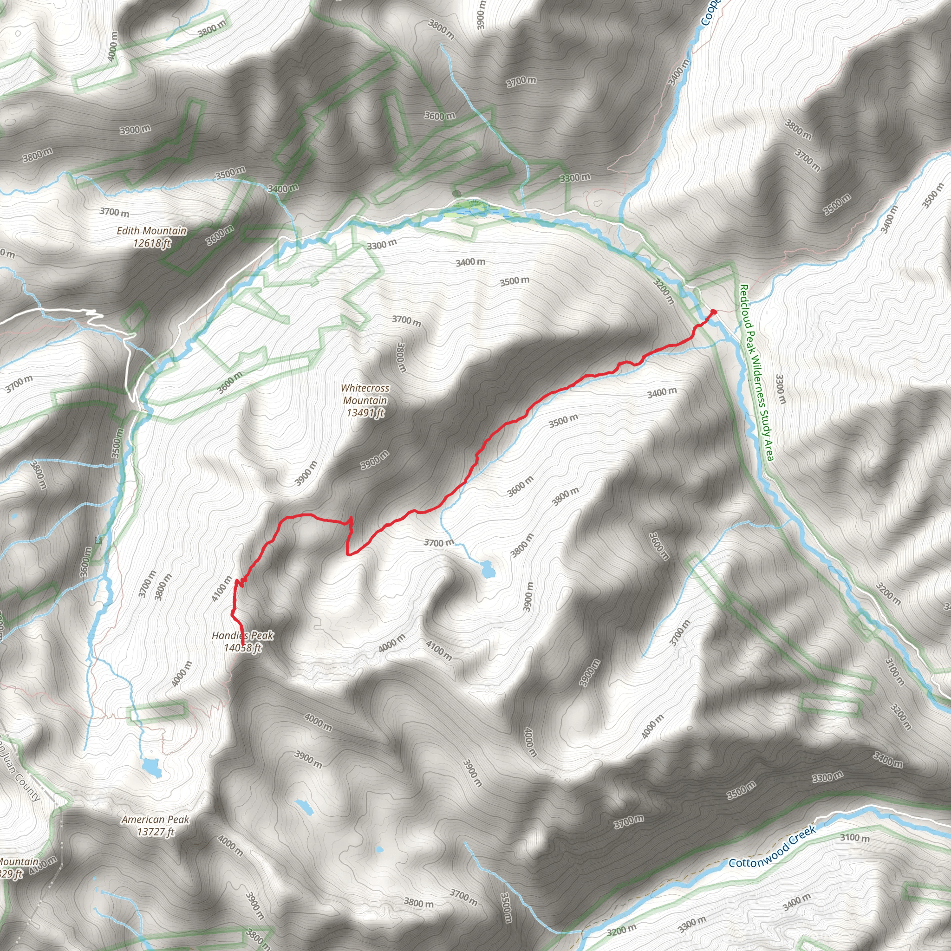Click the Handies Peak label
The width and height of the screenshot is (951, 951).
click(x=243, y=636)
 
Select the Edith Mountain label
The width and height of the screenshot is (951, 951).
click(x=151, y=230)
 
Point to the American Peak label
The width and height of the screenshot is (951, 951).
click(x=156, y=820)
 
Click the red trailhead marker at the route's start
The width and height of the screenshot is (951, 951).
click(x=713, y=312)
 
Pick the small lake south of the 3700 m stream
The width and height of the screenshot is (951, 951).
click(x=487, y=569)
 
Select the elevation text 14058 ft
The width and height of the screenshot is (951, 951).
click(x=243, y=648)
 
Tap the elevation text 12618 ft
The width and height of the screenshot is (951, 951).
click(x=151, y=243)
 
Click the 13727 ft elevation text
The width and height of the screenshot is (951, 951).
click(x=156, y=832)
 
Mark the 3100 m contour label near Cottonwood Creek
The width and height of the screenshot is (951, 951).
click(x=854, y=837)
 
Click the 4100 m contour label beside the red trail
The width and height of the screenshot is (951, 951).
click(x=221, y=589)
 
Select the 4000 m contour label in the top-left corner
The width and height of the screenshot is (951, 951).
click(x=113, y=46)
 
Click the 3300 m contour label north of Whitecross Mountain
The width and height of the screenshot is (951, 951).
click(x=382, y=244)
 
